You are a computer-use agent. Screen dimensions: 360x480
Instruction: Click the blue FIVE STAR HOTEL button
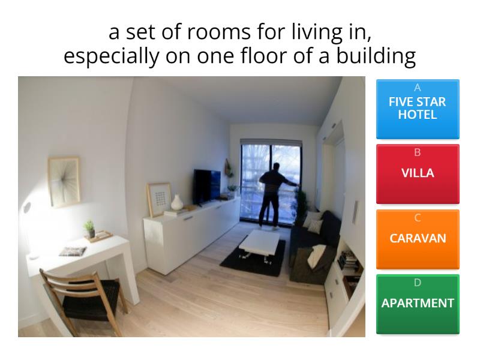(x=418, y=109)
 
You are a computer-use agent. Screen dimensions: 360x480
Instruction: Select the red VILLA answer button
(x=418, y=173)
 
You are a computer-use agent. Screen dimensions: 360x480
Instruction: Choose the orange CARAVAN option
(x=418, y=238)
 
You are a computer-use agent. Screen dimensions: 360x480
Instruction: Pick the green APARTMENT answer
(x=418, y=304)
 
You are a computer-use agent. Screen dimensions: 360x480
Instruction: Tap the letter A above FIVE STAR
(x=418, y=88)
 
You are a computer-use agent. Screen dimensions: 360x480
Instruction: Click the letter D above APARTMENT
(x=418, y=283)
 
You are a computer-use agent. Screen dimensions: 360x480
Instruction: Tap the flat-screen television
(x=207, y=185)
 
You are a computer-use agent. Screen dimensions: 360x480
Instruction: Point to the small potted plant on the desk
(x=90, y=228)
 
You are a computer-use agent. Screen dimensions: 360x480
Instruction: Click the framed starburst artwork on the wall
(x=64, y=182)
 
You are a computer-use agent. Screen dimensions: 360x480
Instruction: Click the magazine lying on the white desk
(x=72, y=251)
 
